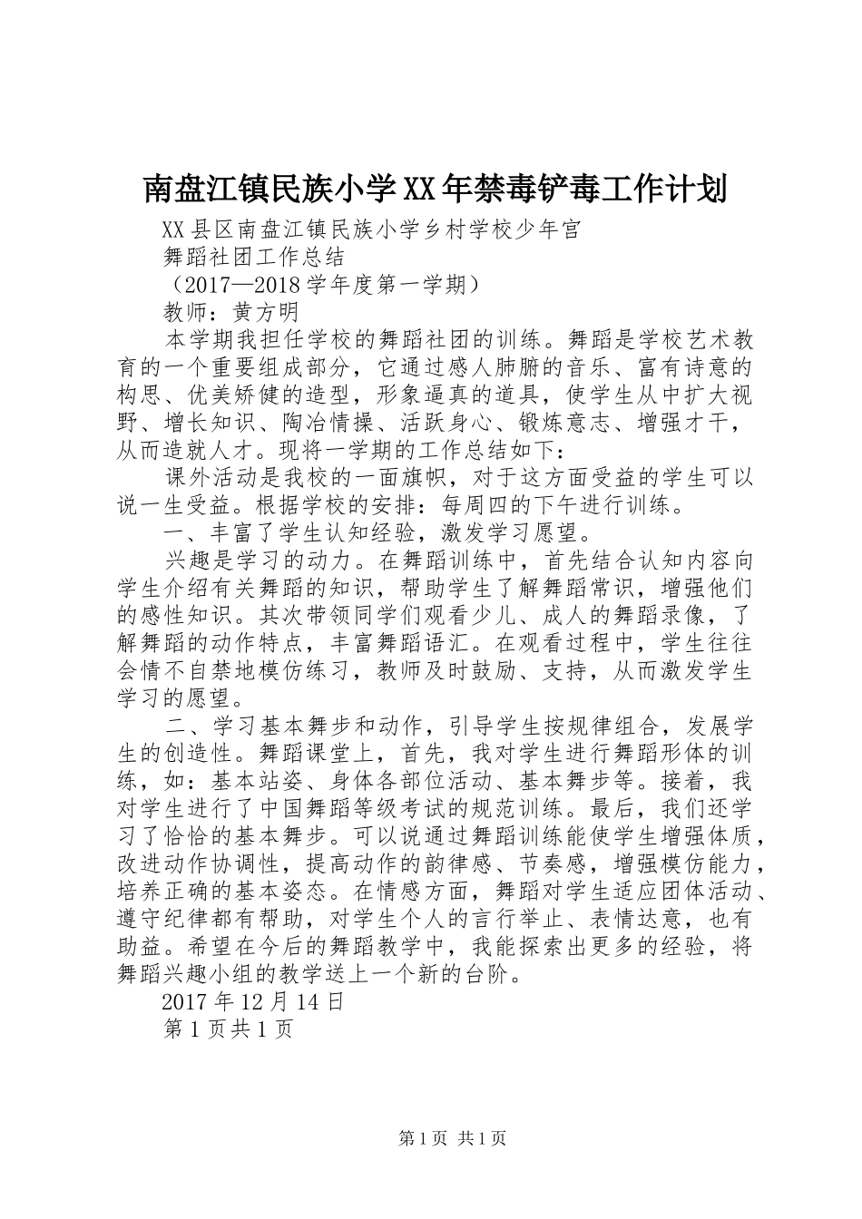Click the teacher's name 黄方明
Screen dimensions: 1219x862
[267, 312]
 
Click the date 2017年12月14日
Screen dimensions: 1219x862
[252, 1002]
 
